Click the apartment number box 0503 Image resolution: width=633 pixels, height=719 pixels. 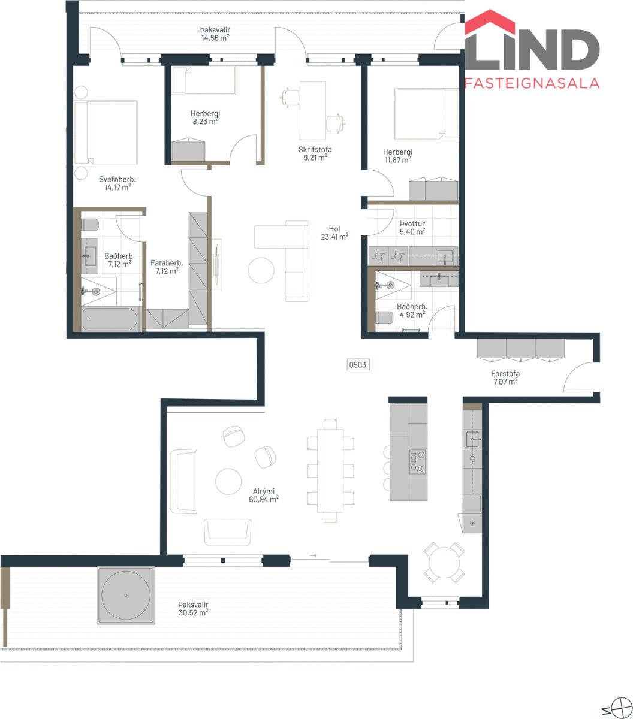coord(358,365)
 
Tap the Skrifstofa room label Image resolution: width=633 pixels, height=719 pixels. coord(315,149)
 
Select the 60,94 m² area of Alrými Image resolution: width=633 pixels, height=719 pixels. coord(263,499)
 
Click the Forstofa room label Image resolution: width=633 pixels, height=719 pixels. coord(505,373)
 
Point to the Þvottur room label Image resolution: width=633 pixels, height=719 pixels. coord(412,223)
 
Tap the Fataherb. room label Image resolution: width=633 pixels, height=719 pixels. coord(167,263)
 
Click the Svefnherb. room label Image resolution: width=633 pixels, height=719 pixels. coord(117,179)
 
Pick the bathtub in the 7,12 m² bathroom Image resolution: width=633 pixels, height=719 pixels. coord(110,318)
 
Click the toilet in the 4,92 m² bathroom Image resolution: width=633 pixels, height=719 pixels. coord(384,318)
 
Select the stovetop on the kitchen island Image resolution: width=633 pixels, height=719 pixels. coord(417,462)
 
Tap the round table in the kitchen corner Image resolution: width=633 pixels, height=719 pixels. coord(444,563)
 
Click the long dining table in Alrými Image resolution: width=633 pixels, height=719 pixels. coord(330,470)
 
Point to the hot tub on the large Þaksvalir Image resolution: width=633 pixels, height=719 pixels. coord(126,595)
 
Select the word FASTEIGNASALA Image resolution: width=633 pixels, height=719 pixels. coord(532,83)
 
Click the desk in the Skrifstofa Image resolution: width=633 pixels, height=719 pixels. coord(312,111)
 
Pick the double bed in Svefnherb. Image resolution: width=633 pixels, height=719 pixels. coord(106,132)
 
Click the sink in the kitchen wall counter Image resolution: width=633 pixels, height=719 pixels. coord(472,439)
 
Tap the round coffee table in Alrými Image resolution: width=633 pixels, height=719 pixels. coord(228,481)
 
